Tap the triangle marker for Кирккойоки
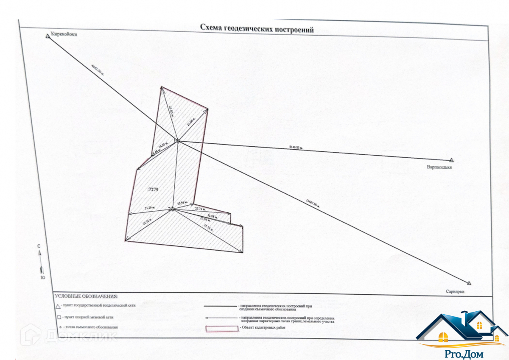[x=48, y=36]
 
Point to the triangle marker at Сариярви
[x=469, y=283]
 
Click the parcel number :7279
[x=152, y=190]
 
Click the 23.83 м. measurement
[x=171, y=111]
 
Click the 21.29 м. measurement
[x=149, y=208]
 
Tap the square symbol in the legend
[x=58, y=317]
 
